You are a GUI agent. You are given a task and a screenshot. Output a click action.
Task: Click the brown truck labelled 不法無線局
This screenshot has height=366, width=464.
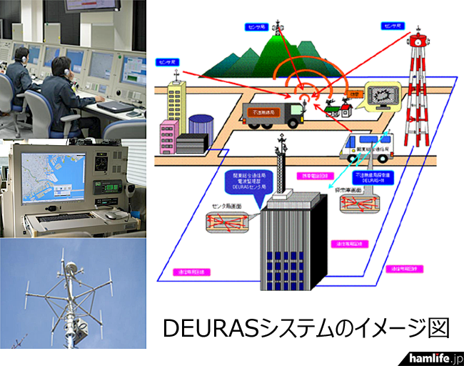point(275,114)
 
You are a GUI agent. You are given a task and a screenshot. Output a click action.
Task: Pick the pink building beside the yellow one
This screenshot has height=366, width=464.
point(168,137)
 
